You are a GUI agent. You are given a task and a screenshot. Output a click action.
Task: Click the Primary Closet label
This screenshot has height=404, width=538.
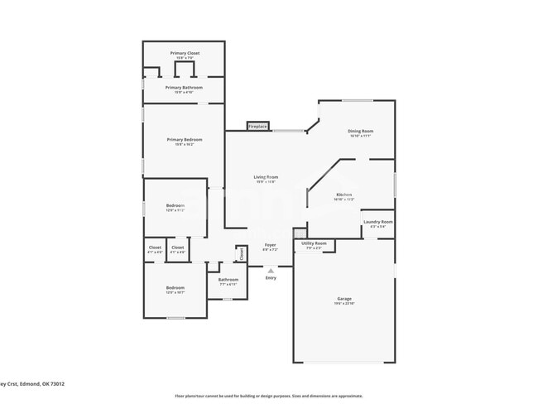pyautogui.click(x=183, y=53)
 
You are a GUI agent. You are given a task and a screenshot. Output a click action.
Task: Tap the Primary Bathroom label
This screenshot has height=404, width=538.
pyautogui.click(x=183, y=87)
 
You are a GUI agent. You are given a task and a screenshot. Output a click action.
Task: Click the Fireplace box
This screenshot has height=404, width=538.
pyautogui.click(x=257, y=127)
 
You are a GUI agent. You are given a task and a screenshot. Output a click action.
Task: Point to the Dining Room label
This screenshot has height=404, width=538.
pyautogui.click(x=360, y=131)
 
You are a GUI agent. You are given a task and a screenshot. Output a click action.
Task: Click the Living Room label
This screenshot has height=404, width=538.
pyautogui.click(x=266, y=176)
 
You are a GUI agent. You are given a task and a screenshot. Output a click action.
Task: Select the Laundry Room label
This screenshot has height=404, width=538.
pyautogui.click(x=377, y=222)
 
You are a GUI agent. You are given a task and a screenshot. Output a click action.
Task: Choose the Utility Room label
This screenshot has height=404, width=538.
pyautogui.click(x=315, y=243)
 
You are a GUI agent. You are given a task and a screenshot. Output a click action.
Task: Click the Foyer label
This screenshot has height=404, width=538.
pyautogui.click(x=270, y=245)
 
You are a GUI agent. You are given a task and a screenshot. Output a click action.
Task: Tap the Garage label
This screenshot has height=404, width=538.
pyautogui.click(x=344, y=298)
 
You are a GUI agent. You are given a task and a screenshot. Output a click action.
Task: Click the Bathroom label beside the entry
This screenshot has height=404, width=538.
pyautogui.click(x=228, y=279)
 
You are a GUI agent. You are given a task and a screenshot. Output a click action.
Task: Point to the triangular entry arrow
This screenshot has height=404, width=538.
pyautogui.click(x=271, y=270)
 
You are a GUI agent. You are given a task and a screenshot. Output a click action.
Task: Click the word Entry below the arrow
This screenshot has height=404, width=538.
pyautogui.click(x=271, y=277)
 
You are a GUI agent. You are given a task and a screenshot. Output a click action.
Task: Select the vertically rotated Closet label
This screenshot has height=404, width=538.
pyautogui.click(x=242, y=255)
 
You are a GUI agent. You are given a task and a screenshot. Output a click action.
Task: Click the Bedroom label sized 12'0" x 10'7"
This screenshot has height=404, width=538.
pyautogui.click(x=175, y=287)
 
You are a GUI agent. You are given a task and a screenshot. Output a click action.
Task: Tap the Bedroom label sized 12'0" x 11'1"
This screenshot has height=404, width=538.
pyautogui.click(x=175, y=205)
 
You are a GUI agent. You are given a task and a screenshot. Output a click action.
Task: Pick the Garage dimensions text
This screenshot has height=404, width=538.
pyautogui.click(x=344, y=303)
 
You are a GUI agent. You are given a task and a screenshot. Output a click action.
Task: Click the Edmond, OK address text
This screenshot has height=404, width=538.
pyautogui.click(x=33, y=384)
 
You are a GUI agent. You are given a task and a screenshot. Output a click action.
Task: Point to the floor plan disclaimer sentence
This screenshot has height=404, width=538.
pyautogui.click(x=268, y=396)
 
